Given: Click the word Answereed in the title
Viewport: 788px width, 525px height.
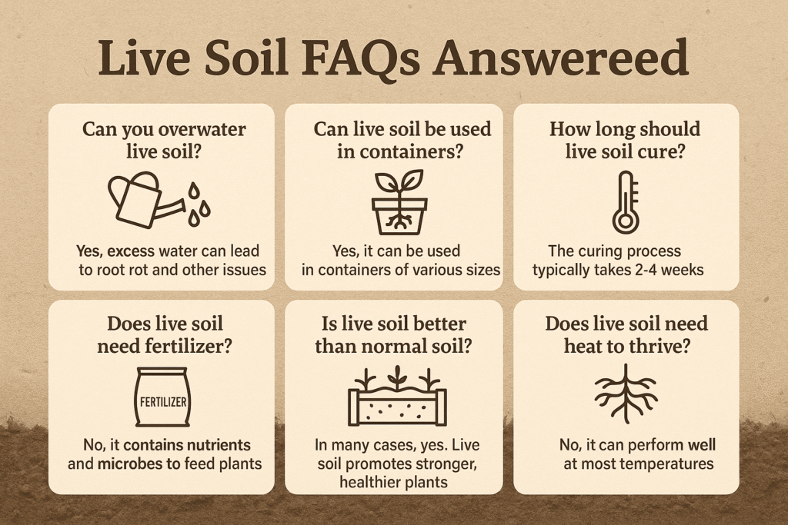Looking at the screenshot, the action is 561,56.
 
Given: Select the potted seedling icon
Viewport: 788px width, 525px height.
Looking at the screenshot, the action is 399,201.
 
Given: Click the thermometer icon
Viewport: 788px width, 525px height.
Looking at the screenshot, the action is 626,202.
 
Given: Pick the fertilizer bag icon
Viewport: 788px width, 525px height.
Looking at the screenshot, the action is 163,397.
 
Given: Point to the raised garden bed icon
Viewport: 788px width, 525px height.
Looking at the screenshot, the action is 397,397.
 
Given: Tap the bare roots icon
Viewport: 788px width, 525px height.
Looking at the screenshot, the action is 626,394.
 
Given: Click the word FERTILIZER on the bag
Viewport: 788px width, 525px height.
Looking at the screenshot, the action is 163,402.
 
